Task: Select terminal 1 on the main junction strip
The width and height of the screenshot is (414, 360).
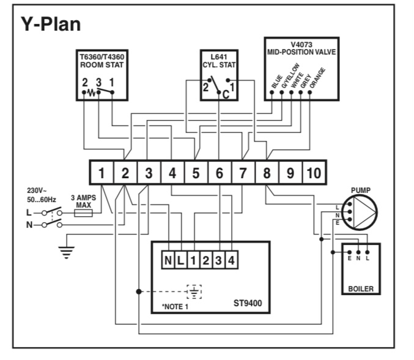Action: point(102,173)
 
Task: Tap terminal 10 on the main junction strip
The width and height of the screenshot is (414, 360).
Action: point(313,173)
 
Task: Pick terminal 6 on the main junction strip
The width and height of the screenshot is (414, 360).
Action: point(220,173)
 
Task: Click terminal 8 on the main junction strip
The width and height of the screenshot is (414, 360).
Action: point(267,173)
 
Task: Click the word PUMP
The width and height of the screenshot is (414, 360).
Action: point(361,190)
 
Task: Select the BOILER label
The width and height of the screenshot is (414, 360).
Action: point(360,288)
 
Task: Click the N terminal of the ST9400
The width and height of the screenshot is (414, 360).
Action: point(168,261)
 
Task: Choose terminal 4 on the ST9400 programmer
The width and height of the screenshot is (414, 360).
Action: point(231,261)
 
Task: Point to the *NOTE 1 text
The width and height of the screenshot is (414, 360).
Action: point(175,306)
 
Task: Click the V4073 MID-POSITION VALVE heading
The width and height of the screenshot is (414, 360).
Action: point(301,48)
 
